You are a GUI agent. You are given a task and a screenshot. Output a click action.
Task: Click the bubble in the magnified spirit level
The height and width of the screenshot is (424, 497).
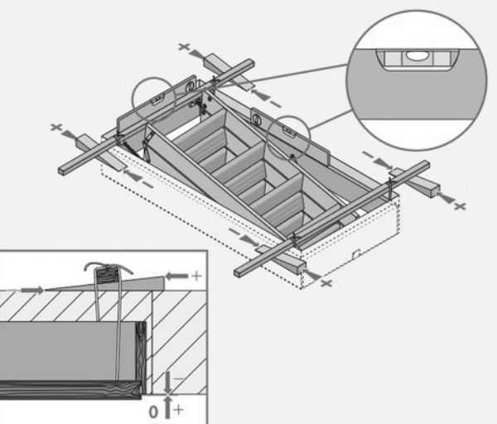point(417,55)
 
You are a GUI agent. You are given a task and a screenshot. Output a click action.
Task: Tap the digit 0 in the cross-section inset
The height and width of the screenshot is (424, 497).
point(153,412)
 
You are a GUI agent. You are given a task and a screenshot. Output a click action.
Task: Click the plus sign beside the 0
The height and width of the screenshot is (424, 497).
point(178,410)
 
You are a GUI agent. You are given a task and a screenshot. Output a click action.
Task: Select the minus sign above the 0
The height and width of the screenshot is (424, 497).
point(178,378)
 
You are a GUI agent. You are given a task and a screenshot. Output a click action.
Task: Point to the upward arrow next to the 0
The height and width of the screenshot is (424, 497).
point(167,407)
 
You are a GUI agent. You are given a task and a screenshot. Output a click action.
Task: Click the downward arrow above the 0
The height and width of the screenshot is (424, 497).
point(167,383)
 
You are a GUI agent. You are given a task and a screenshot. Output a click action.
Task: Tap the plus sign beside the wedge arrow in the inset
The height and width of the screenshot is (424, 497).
point(196,276)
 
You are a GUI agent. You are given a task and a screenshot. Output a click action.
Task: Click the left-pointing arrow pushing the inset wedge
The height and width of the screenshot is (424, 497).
point(177,276)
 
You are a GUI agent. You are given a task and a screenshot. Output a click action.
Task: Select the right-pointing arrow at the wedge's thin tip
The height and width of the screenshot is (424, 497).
point(32,290)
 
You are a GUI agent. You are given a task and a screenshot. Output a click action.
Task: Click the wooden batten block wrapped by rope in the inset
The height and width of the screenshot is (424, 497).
point(108,276)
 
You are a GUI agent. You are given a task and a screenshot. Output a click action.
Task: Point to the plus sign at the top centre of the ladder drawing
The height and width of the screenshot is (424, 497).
point(184,47)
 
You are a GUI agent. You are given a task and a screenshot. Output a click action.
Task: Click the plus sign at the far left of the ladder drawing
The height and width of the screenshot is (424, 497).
point(56,128)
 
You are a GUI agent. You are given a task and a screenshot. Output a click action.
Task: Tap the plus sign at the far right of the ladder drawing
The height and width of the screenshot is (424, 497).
point(461,206)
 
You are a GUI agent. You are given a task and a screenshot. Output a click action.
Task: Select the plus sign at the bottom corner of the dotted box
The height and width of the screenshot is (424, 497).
point(326,282)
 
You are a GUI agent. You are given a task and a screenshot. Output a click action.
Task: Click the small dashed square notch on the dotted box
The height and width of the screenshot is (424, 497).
point(356,253)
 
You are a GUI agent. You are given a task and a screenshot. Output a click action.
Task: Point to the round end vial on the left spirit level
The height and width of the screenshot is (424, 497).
point(191,86)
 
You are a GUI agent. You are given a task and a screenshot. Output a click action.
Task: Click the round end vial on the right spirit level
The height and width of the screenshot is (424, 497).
point(256,119)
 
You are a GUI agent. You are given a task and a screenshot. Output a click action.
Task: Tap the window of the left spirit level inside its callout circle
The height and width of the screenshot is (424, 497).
point(157,100)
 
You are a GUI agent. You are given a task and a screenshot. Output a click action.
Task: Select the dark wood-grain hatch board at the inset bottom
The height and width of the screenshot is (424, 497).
point(70,389)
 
